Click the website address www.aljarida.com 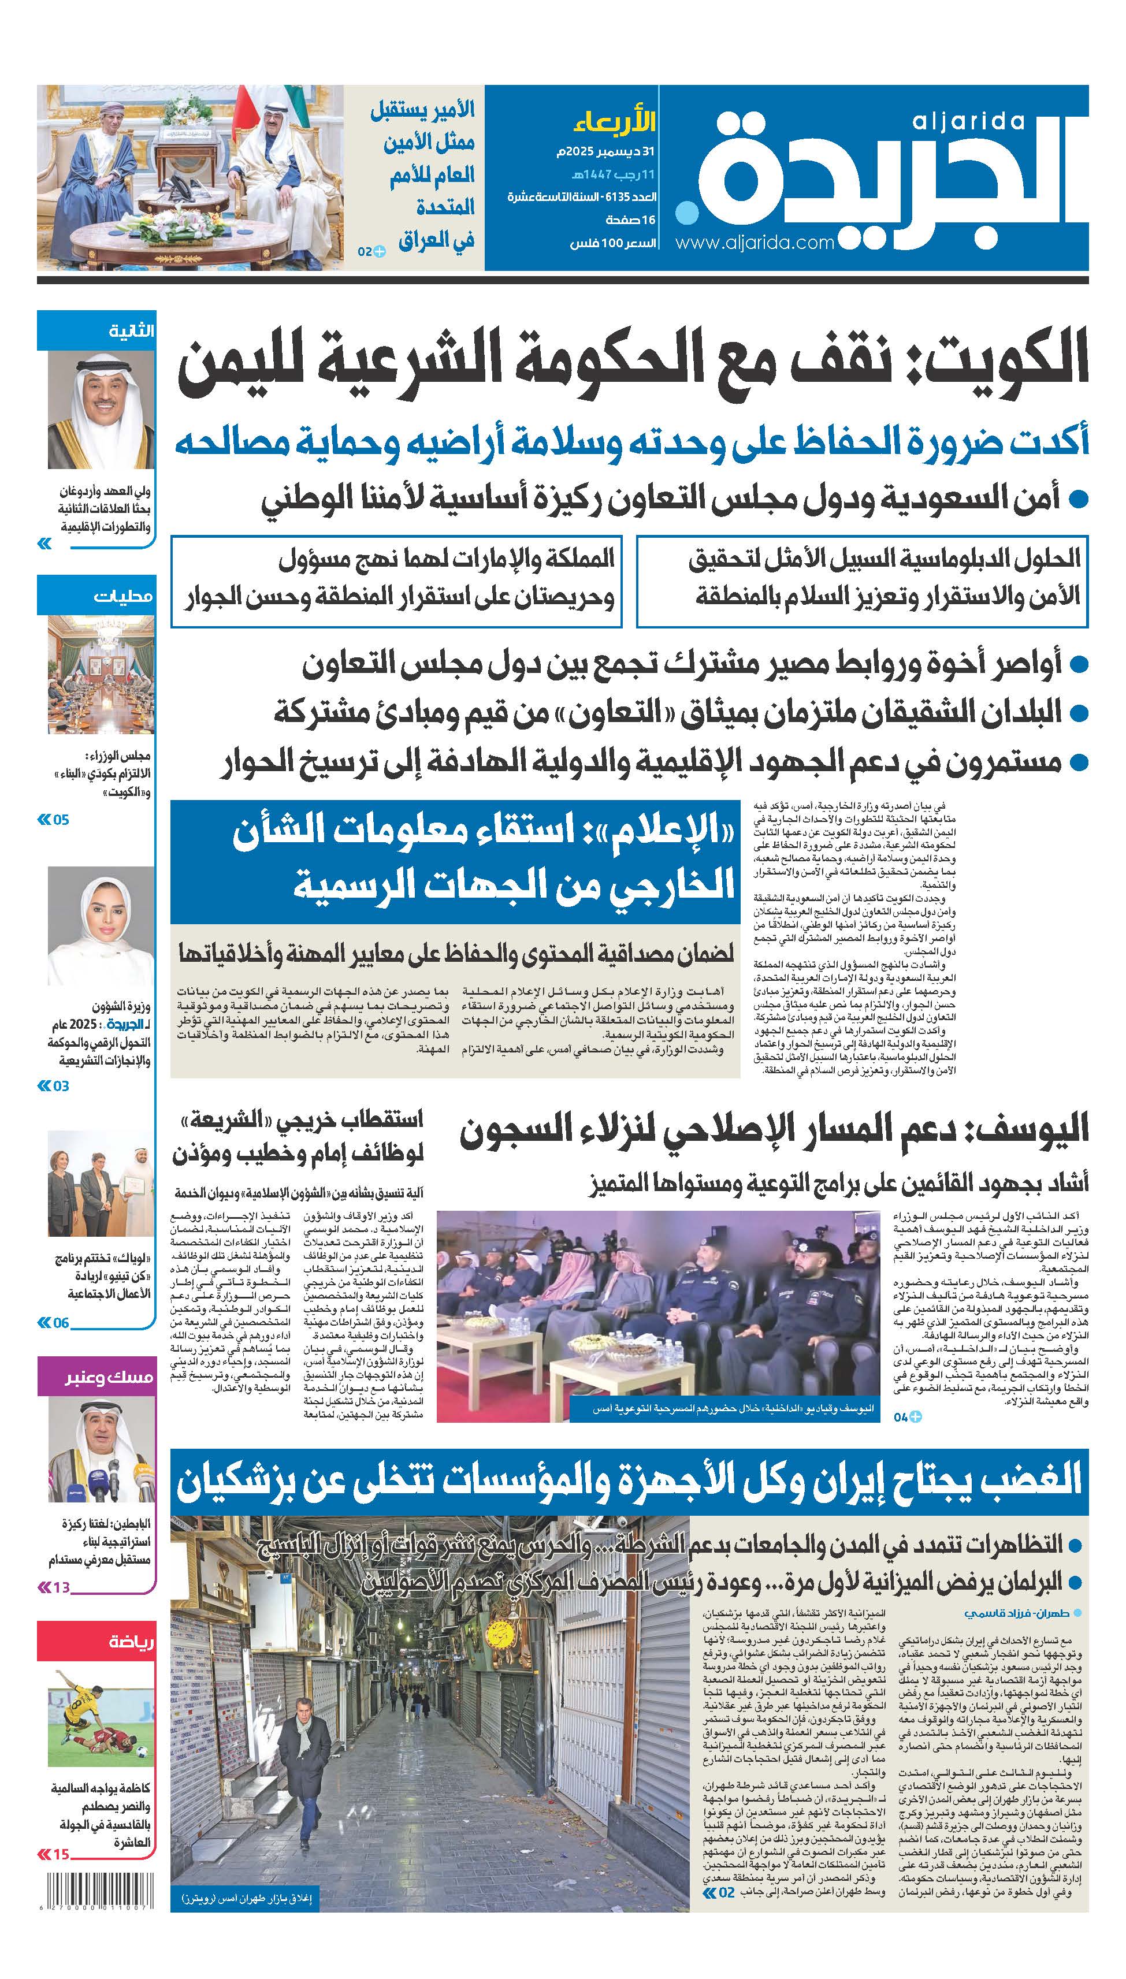pyautogui.click(x=754, y=243)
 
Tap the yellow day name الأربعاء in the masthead pyautogui.click(x=615, y=122)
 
